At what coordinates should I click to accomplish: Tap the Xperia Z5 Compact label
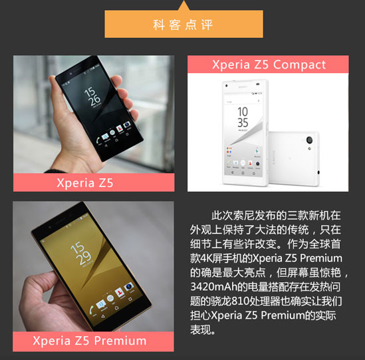click(269, 65)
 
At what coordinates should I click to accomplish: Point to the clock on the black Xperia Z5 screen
click(95, 94)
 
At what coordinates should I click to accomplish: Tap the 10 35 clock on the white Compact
click(243, 118)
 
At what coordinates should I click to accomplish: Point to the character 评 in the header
click(208, 25)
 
